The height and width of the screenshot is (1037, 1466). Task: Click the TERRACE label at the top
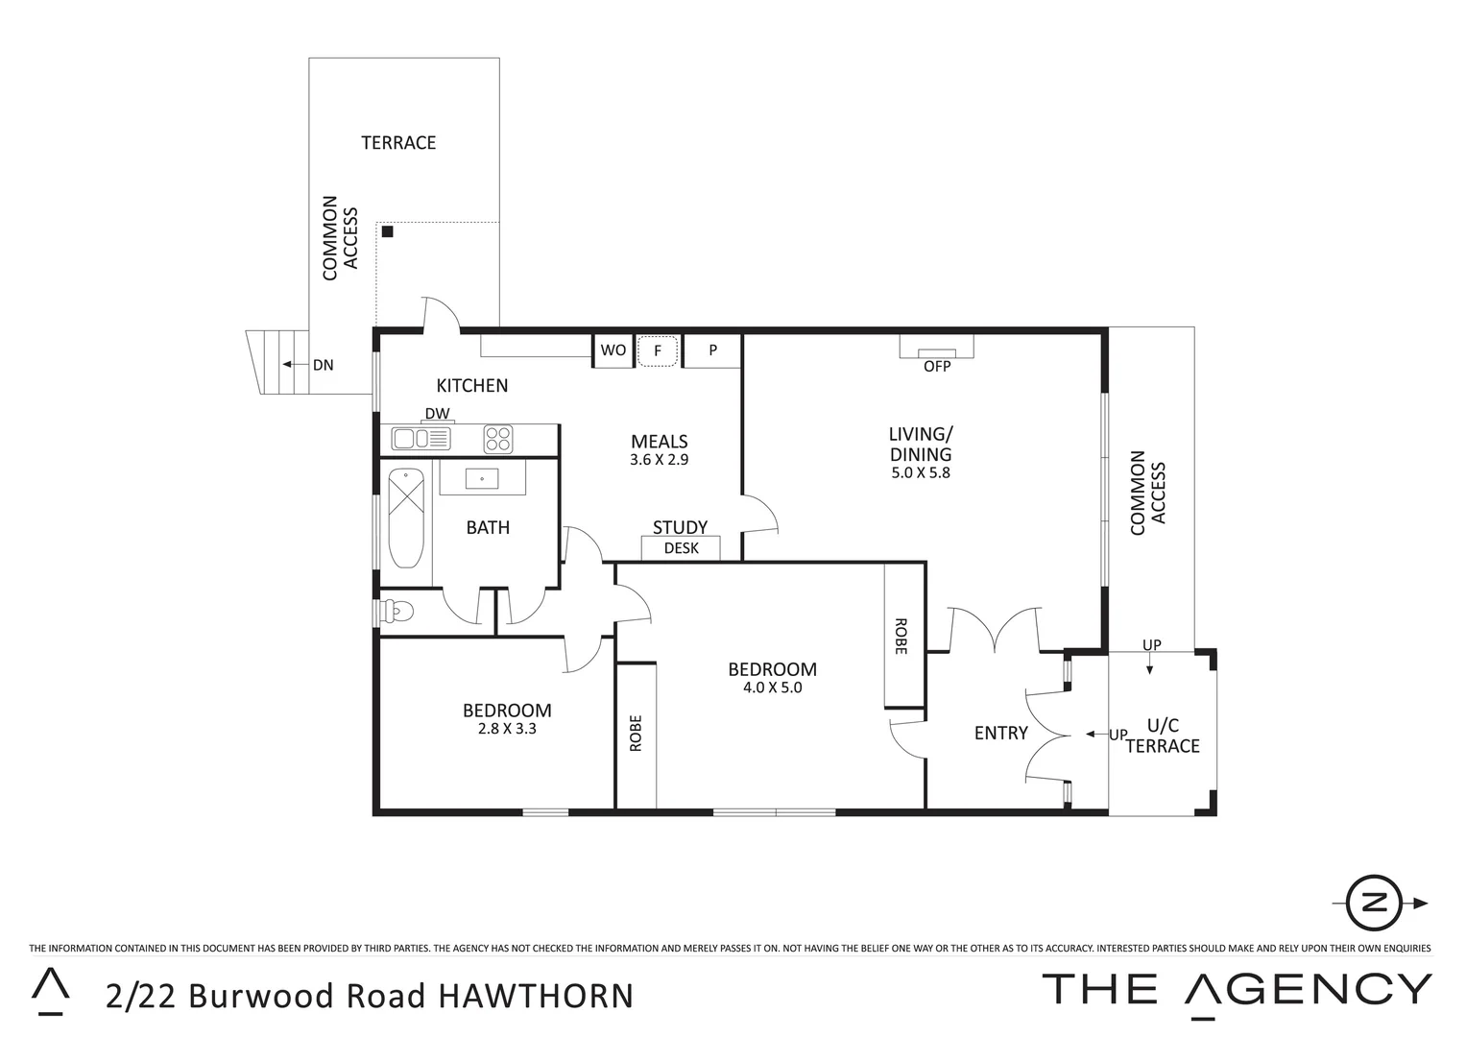(398, 143)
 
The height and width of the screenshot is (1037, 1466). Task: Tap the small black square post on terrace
(388, 231)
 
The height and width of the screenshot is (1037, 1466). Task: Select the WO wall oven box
(613, 350)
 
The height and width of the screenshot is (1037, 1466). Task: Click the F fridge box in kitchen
(658, 350)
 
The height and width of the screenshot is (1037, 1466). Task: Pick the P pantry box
(712, 350)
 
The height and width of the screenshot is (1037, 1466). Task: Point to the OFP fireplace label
(936, 367)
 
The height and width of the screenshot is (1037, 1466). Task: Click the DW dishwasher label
(437, 414)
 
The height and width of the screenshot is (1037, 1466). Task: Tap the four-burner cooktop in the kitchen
(497, 439)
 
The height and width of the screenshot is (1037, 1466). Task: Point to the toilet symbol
(397, 611)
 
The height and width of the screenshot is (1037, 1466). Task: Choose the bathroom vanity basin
(482, 477)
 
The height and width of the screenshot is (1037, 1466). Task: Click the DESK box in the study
(682, 548)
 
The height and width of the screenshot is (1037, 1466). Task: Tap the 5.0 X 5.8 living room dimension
(920, 472)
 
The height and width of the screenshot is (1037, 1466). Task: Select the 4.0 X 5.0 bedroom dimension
(772, 687)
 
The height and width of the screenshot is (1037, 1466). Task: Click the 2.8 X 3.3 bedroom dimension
(507, 728)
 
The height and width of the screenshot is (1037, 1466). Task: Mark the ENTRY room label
(1000, 734)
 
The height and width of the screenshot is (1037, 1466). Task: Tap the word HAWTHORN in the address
(536, 996)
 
